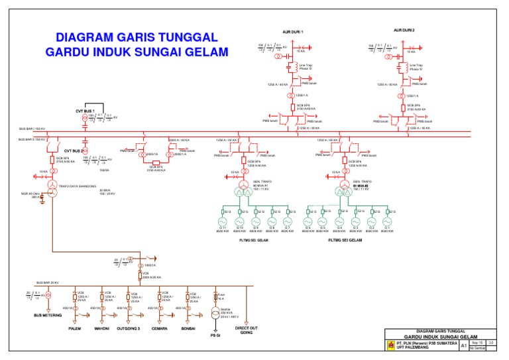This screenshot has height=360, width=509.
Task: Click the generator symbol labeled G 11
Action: [223, 222]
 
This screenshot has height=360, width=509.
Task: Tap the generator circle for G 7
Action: [287, 222]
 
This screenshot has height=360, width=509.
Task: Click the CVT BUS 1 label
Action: [85, 110]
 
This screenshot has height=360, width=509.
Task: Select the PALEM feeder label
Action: [74, 328]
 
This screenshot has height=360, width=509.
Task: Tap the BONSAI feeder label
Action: [186, 328]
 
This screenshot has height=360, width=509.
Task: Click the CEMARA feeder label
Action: [159, 328]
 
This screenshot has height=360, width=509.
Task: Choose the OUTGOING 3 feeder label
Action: [130, 328]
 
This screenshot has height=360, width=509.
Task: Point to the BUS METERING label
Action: [48, 315]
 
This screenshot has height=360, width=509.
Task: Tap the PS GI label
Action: [214, 335]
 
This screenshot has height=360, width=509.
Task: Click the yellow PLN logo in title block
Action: [390, 345]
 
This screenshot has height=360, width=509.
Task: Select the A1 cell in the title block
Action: [463, 346]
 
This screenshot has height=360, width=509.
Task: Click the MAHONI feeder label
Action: [101, 328]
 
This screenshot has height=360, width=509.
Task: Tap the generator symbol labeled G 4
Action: [339, 222]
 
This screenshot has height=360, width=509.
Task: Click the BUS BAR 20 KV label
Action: [48, 282]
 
